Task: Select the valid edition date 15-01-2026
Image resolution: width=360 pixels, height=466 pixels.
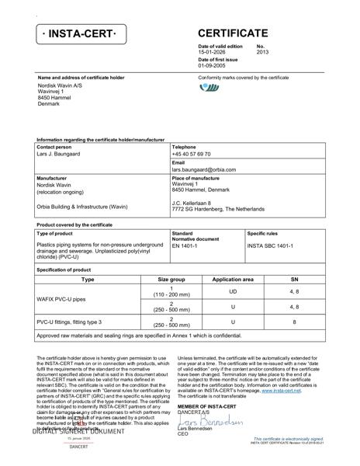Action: click(x=214, y=53)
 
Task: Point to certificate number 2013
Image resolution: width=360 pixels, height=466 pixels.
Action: click(x=262, y=53)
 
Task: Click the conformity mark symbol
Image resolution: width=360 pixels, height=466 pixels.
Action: click(x=209, y=89)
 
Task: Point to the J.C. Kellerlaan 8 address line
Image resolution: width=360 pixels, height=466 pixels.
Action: click(x=191, y=203)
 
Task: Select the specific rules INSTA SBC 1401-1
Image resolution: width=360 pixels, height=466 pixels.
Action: click(x=270, y=245)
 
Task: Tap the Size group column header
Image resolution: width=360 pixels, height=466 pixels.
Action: click(x=171, y=279)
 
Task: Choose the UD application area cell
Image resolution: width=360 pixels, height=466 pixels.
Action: click(x=233, y=291)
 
